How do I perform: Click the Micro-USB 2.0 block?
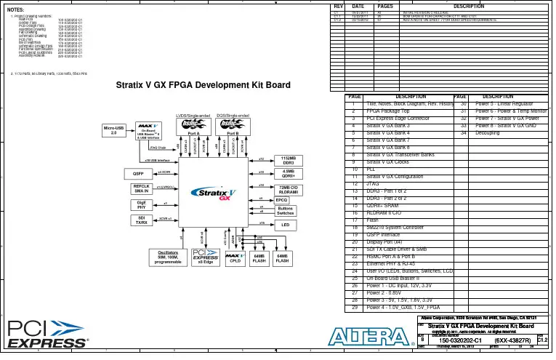pyautogui.click(x=113, y=131)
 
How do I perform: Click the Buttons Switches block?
pyautogui.click(x=285, y=211)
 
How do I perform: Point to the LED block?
pyautogui.click(x=285, y=225)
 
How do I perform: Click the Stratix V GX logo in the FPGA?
pyautogui.click(x=214, y=194)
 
